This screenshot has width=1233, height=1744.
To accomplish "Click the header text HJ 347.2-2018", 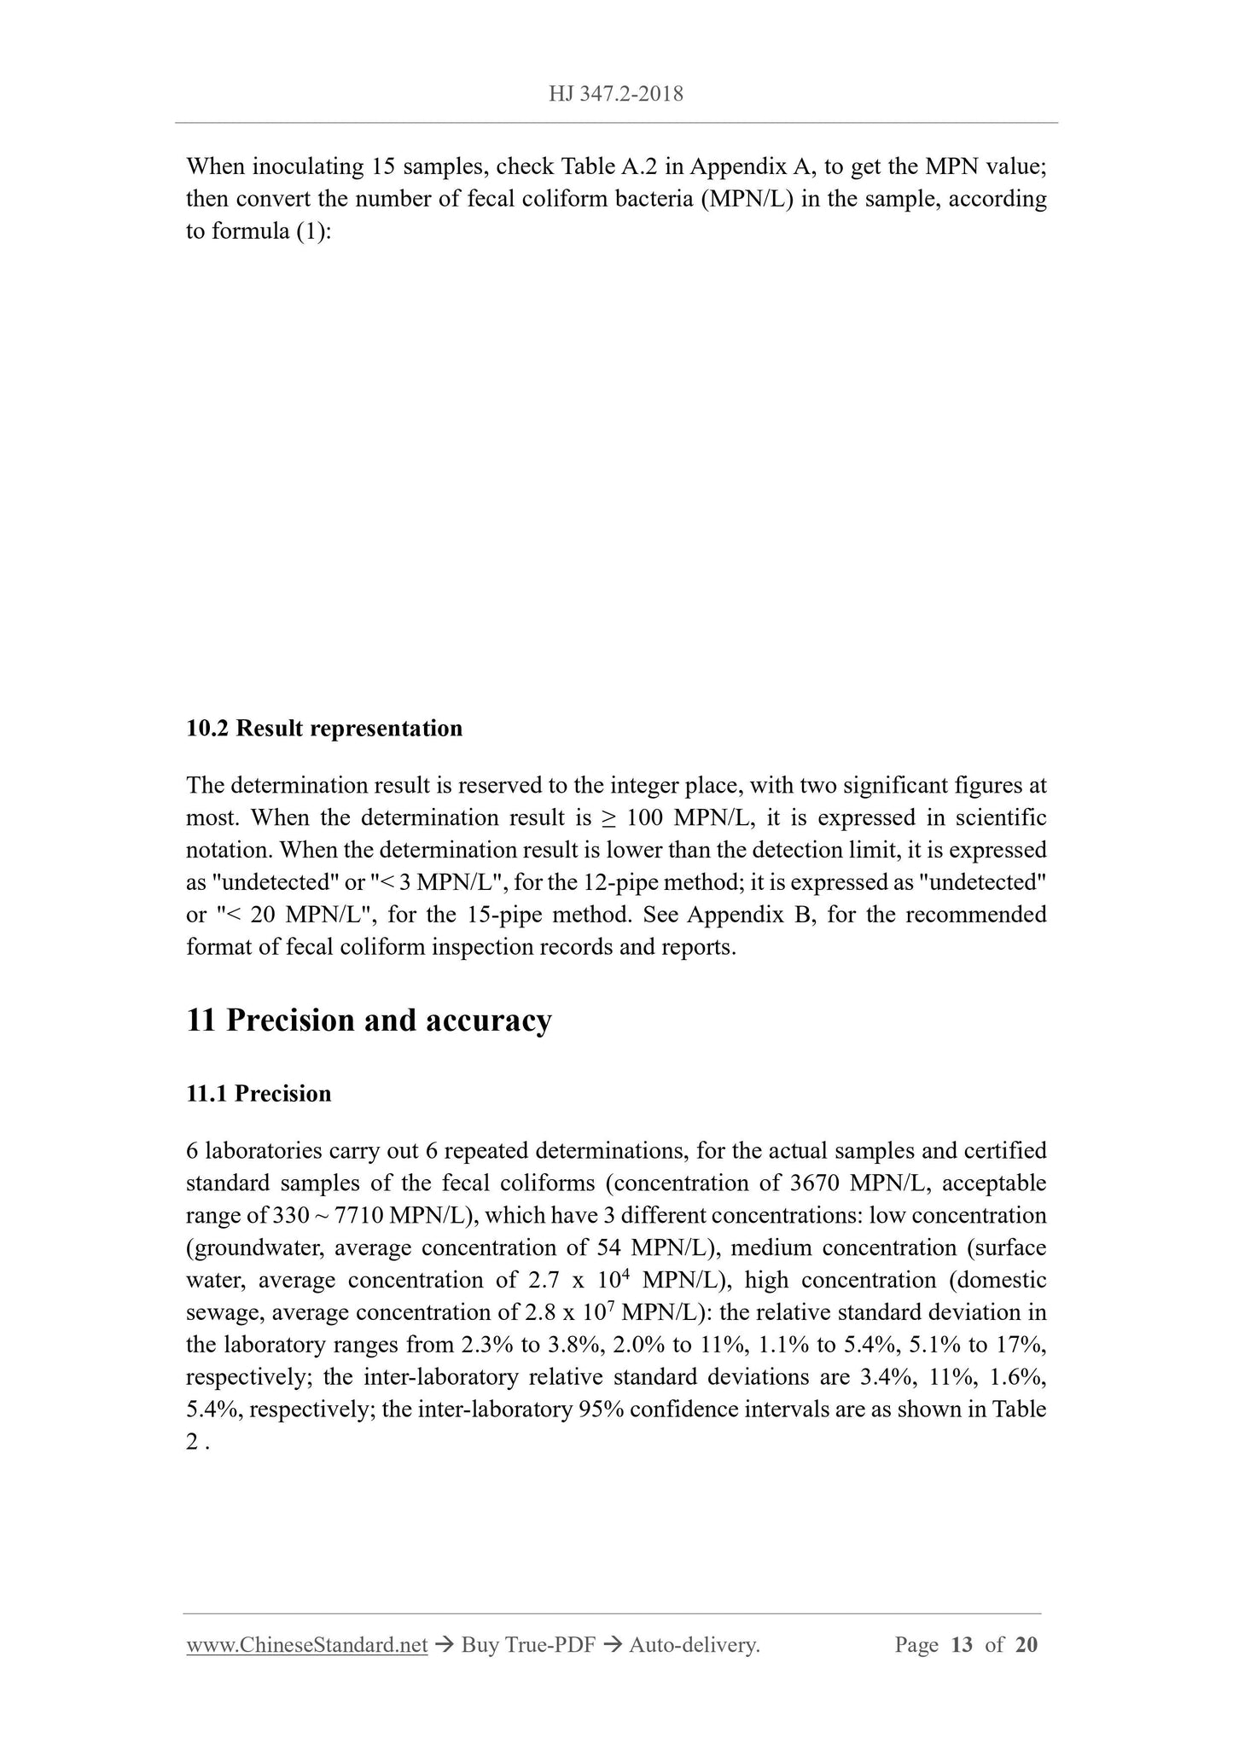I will (616, 94).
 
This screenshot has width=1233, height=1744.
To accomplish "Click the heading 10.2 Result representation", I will (324, 728).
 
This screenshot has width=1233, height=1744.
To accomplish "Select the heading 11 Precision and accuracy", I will (369, 1020).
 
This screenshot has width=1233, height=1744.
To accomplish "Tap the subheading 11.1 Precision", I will (259, 1093).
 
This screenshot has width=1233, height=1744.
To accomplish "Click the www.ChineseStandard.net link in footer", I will (306, 1645).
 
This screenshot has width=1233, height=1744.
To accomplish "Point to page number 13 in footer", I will (961, 1645).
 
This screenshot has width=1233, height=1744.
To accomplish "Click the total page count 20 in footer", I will (1027, 1645).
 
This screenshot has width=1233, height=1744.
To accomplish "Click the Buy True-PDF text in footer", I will (527, 1645).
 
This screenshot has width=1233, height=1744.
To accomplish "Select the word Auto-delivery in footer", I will (694, 1645).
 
